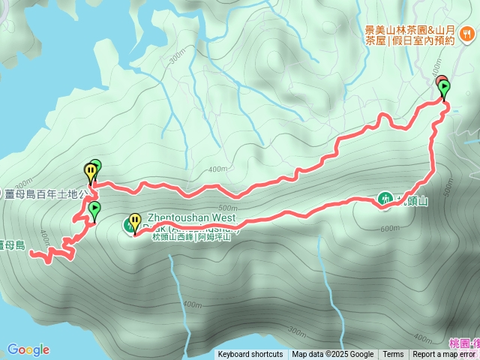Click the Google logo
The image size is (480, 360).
pyautogui.click(x=28, y=349)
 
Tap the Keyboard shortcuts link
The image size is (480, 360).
pyautogui.click(x=250, y=355)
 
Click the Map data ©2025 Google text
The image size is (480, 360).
pyautogui.click(x=332, y=355)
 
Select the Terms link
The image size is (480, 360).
pyautogui.click(x=393, y=355)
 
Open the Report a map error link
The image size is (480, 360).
pyautogui.click(x=445, y=355)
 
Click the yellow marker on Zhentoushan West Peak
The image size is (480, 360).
pyautogui.click(x=135, y=223)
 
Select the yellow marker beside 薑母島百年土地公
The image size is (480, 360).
pyautogui.click(x=90, y=173)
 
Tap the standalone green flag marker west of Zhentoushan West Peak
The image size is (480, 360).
pyautogui.click(x=94, y=211)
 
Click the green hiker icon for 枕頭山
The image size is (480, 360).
pyautogui.click(x=385, y=199)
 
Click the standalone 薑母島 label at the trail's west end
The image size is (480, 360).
pyautogui.click(x=13, y=244)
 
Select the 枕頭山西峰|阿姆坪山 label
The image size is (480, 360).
pyautogui.click(x=194, y=237)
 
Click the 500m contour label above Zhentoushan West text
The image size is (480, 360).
pyautogui.click(x=225, y=208)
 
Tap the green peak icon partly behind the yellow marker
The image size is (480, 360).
pyautogui.click(x=127, y=224)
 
